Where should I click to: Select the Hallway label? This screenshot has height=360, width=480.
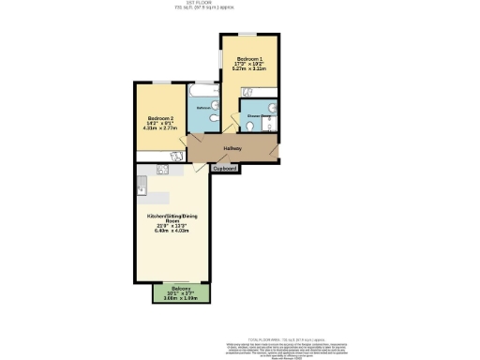coord(232,149)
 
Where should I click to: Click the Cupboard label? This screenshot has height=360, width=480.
coord(225,169)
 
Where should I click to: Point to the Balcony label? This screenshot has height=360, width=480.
coord(181,288)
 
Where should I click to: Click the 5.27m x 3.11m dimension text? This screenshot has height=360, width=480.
coord(250,68)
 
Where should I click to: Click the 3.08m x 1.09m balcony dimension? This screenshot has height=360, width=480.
coord(181,298)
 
